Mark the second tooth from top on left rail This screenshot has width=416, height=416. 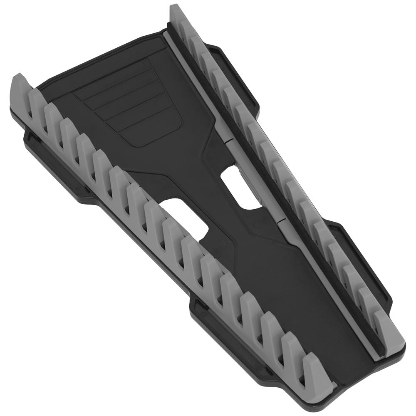click(37, 102)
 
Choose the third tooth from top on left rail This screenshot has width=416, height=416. click(52, 116)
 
